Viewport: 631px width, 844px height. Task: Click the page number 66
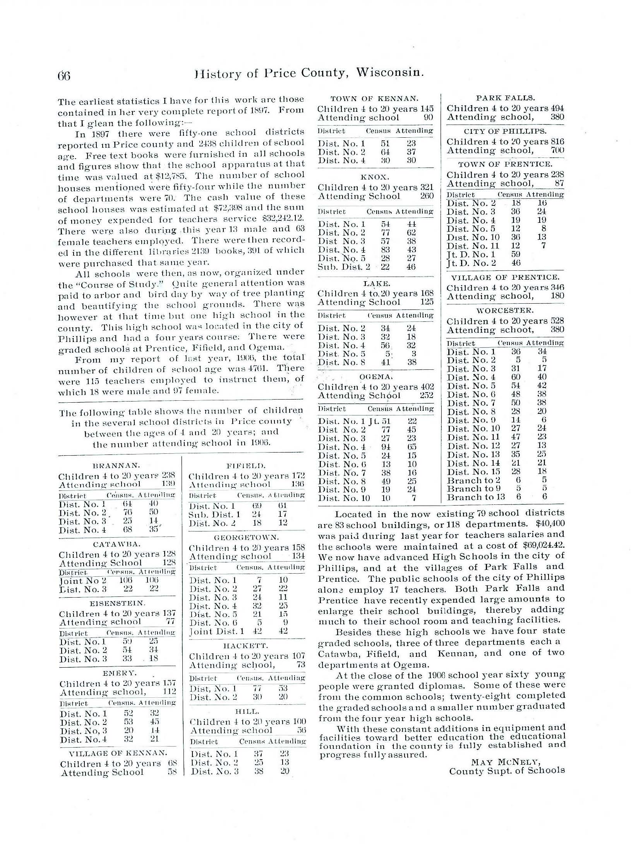[64, 75]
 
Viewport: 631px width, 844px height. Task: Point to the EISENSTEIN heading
[117, 603]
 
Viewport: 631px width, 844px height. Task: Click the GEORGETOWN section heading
[246, 538]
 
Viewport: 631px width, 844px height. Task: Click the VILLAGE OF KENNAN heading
[118, 753]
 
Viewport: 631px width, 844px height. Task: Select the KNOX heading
[374, 177]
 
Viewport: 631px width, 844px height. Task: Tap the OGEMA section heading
[375, 376]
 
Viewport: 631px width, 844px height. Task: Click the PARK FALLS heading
[505, 98]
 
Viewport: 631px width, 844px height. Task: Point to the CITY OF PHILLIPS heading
[505, 132]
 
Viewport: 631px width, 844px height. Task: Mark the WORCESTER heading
[505, 310]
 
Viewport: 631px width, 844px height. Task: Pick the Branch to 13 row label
[476, 497]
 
